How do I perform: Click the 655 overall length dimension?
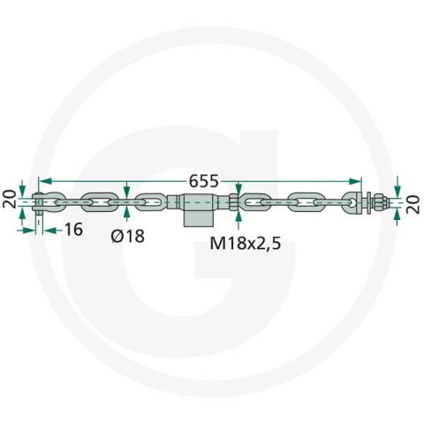[x=203, y=181]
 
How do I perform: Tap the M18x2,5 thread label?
[x=246, y=243]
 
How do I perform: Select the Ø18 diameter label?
[x=128, y=236]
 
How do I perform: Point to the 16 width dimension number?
[x=73, y=230]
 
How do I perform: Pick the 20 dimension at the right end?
[x=413, y=205]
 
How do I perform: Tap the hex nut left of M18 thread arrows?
[x=233, y=202]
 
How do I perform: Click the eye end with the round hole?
[x=352, y=202]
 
